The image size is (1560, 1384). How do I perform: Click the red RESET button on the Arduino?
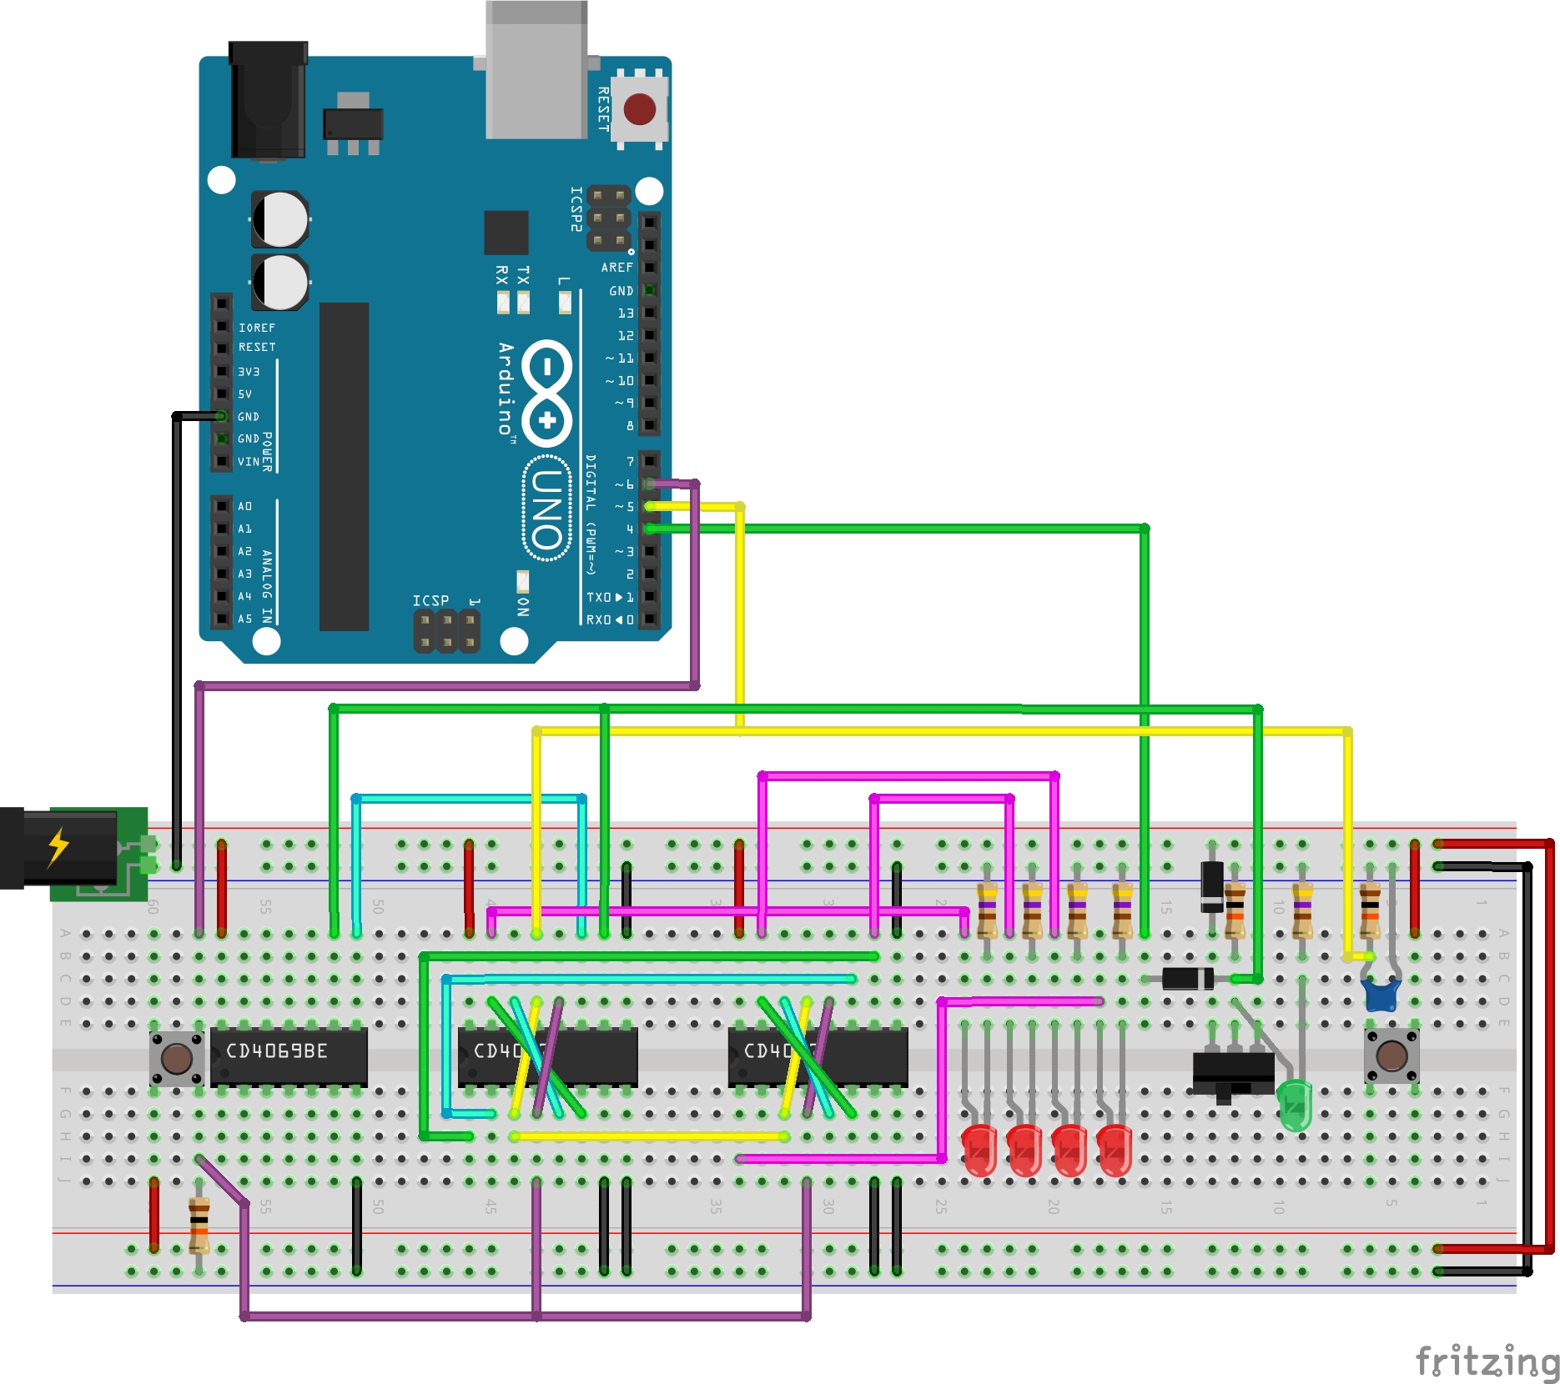click(x=640, y=109)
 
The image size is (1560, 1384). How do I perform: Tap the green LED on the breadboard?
click(x=1294, y=1105)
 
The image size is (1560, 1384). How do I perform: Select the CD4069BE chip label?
click(x=277, y=1051)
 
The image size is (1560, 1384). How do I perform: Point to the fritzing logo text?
click(x=1487, y=1361)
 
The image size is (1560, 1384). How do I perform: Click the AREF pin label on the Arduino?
click(x=617, y=268)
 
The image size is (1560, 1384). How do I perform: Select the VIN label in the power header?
click(x=249, y=462)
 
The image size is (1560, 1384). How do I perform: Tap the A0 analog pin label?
click(x=245, y=507)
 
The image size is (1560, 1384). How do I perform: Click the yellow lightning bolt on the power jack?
click(x=58, y=847)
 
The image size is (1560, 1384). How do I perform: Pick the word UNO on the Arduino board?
click(x=547, y=509)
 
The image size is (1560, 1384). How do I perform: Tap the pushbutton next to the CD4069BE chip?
click(x=177, y=1059)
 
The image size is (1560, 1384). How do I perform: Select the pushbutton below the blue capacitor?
click(x=1391, y=1056)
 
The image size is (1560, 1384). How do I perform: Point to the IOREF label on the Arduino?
click(x=257, y=328)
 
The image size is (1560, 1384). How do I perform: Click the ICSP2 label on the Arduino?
click(x=576, y=208)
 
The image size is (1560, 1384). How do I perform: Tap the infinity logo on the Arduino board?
click(x=546, y=392)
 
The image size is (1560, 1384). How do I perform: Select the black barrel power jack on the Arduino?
click(x=268, y=100)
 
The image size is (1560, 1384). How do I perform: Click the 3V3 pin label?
click(x=249, y=372)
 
